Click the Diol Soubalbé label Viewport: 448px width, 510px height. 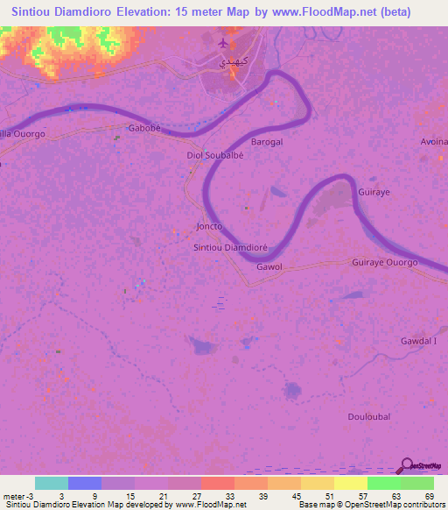213,155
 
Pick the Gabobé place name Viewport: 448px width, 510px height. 146,128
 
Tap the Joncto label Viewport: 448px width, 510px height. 209,226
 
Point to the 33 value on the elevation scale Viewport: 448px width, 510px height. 228,495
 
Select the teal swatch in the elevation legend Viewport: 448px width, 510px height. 52,483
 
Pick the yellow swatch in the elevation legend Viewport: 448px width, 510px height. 351,483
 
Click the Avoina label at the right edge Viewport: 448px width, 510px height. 434,141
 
